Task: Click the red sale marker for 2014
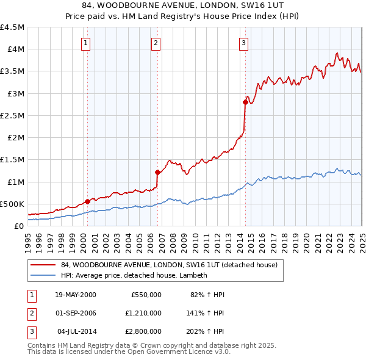[x=245, y=103]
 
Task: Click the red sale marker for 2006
[x=157, y=172]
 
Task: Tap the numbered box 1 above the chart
[x=86, y=43]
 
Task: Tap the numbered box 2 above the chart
[x=156, y=43]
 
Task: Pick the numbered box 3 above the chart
[x=243, y=43]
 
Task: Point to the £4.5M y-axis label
[x=12, y=27]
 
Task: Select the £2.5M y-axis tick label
[x=12, y=115]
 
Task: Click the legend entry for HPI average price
[x=134, y=275]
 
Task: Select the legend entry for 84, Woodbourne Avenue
[x=169, y=265]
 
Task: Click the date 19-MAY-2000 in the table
[x=76, y=295]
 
